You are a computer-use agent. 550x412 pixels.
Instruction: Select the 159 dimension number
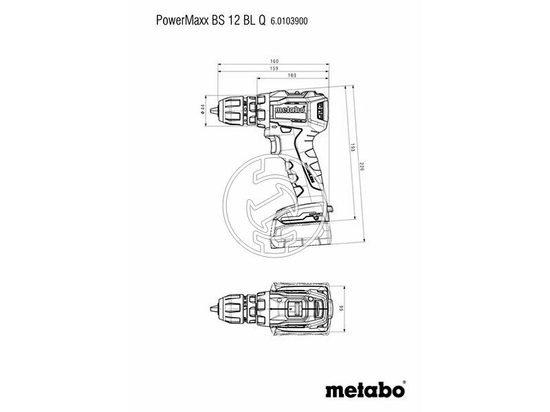(x=274, y=69)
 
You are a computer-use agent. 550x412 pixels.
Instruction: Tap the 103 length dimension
(x=291, y=76)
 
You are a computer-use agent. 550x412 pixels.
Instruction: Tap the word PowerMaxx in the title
(x=179, y=21)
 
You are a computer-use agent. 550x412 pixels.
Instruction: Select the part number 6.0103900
(x=289, y=21)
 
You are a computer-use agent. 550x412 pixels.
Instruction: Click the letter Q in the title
(x=261, y=21)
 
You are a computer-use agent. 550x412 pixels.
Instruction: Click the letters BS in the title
(x=214, y=21)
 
